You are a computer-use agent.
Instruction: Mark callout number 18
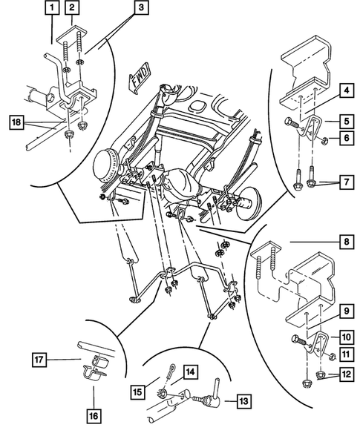point(15,120)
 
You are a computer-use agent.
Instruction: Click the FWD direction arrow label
point(140,79)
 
